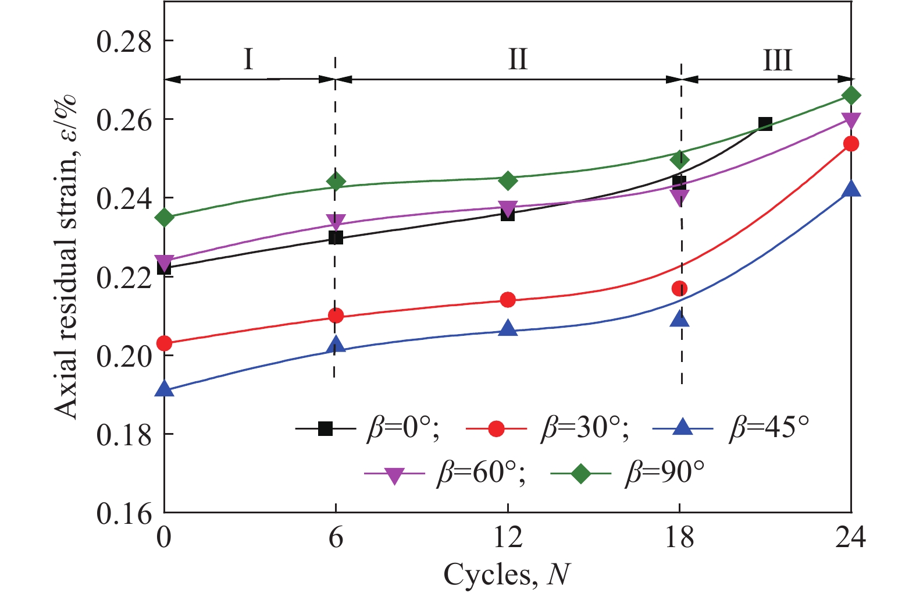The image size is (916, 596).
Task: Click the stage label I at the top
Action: (248, 59)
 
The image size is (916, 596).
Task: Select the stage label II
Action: (517, 59)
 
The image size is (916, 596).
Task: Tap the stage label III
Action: (777, 60)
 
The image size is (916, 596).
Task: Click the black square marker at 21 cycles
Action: (765, 124)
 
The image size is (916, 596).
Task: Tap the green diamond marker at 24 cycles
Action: (851, 95)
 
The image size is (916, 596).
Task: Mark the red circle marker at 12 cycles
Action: (508, 300)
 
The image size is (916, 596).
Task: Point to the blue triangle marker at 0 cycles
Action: (165, 389)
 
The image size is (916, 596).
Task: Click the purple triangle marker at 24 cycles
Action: (851, 120)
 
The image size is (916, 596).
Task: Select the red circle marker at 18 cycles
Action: (679, 288)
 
